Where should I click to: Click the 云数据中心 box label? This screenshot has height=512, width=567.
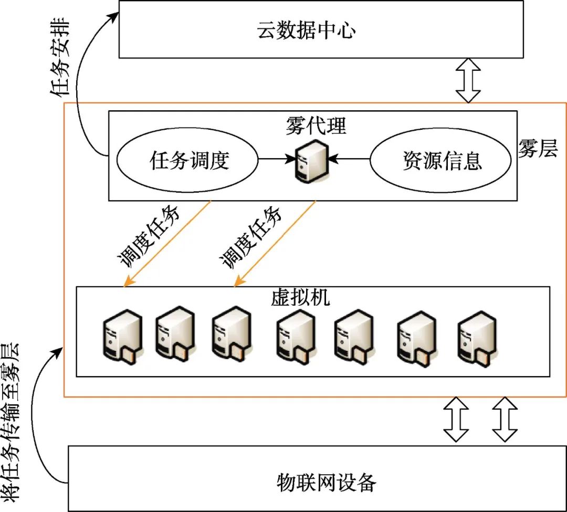[306, 30]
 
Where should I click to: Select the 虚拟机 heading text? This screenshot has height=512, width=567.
[300, 298]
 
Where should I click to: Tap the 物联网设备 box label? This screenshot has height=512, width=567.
[327, 481]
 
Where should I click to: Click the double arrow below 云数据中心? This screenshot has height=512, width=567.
[468, 80]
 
